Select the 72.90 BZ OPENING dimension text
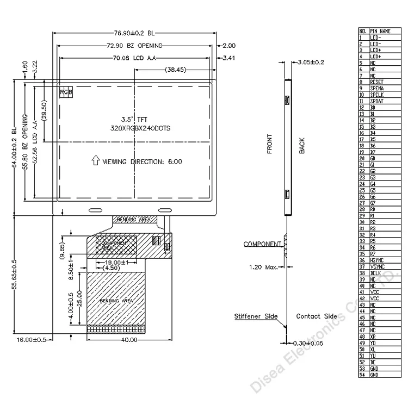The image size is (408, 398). (x=134, y=46)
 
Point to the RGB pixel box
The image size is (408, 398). (x=66, y=92)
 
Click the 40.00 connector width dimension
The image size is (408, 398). (x=129, y=339)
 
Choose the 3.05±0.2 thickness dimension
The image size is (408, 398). (x=311, y=63)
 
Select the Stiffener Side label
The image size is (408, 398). (x=256, y=316)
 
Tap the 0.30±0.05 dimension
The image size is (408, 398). (x=309, y=344)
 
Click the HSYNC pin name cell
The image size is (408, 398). (x=377, y=260)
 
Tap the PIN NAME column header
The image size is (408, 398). (x=380, y=31)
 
